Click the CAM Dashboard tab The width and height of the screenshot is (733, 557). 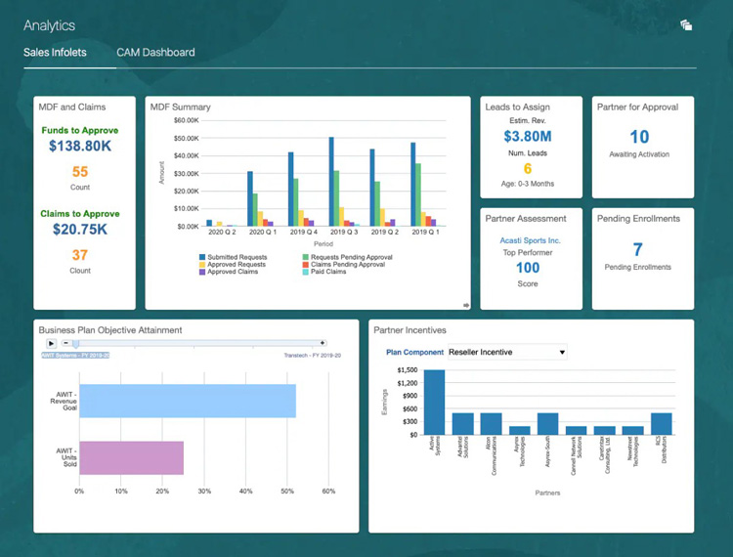pos(154,52)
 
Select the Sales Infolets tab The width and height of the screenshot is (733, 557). pos(55,52)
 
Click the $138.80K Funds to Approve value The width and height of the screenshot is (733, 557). pos(80,147)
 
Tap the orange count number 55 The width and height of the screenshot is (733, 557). pos(80,172)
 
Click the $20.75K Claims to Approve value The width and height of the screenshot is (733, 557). pos(80,230)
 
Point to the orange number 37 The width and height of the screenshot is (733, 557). pos(80,255)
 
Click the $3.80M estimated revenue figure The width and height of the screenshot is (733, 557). pos(528,137)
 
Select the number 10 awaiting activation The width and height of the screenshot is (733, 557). pos(639,138)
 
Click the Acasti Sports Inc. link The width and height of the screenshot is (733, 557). pos(531,240)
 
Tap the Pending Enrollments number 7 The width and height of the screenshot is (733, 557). pos(638,250)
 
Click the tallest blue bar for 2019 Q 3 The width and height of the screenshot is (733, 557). pos(331,182)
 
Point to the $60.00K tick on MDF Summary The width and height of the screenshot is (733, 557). pos(186,120)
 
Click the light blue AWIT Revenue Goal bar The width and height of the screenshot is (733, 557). pos(187,401)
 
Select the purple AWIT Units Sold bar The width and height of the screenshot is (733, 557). pos(131,457)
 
